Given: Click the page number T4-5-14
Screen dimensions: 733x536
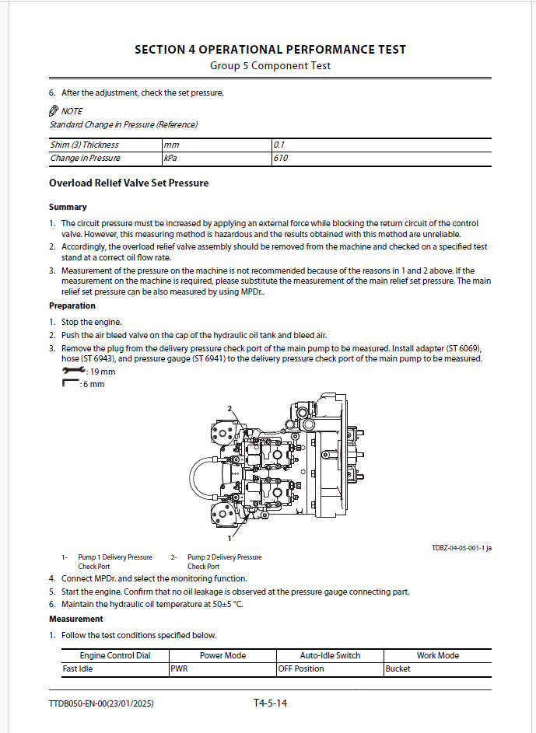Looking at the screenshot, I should coord(270,703).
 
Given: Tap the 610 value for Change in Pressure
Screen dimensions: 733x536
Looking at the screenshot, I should coord(281,158).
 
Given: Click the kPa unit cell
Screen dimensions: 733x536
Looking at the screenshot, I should coord(170,158).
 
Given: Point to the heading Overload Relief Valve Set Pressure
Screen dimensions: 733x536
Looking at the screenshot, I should coord(128,183).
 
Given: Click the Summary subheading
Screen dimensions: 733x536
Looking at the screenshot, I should coord(68,207).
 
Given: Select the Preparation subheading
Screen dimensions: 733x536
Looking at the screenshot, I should coord(72,305).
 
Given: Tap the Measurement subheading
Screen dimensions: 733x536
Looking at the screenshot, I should coord(76,619).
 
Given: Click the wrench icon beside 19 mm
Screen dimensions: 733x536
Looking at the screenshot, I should coord(74,372).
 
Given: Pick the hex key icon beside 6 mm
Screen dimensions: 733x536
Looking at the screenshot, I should coord(71,383).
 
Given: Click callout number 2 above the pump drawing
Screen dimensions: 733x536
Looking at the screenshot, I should coord(229,408).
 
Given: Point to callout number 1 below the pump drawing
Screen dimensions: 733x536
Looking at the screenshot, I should coord(229,537).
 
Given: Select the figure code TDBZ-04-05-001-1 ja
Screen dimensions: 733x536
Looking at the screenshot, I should coord(461,548).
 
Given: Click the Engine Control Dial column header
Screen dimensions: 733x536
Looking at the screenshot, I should coord(115,655).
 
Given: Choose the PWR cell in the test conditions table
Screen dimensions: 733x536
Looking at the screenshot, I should coord(179,668).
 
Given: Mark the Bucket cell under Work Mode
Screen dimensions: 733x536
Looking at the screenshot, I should coord(398,668).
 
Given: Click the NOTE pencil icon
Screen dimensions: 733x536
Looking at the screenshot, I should coord(54,111).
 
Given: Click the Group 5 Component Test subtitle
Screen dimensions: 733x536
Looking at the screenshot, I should coord(270,66).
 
